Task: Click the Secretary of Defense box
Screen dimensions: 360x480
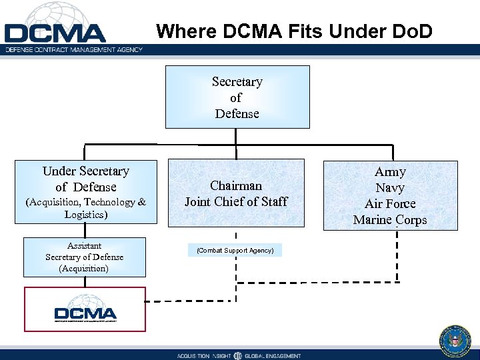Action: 237,97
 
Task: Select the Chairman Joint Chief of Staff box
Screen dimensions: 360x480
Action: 237,193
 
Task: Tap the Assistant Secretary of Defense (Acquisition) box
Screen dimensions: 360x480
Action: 85,257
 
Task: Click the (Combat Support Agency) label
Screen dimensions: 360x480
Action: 235,251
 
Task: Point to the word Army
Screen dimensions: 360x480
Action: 390,172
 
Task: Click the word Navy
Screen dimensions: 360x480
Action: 390,188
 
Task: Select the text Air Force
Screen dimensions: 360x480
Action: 390,204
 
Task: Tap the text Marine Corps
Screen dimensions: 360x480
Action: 390,220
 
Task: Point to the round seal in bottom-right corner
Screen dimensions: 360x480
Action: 455,341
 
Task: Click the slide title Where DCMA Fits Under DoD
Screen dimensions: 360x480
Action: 294,31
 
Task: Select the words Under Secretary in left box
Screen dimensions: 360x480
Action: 85,171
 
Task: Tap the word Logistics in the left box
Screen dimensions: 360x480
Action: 85,215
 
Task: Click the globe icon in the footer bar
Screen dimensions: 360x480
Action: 238,355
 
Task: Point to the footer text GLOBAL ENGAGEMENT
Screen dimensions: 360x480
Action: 273,356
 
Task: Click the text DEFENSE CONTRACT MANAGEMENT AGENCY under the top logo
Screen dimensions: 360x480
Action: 73,50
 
